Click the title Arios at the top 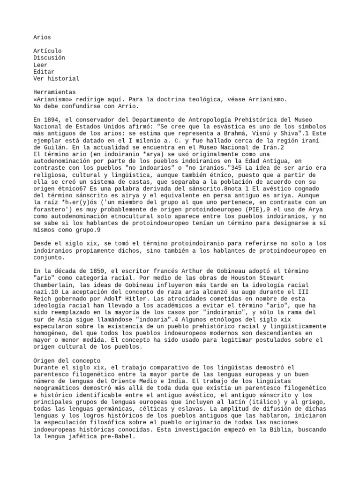click(43, 37)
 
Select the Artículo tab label click(47, 51)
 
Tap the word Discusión click(49, 58)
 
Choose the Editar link click(44, 72)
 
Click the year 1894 click(52, 120)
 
